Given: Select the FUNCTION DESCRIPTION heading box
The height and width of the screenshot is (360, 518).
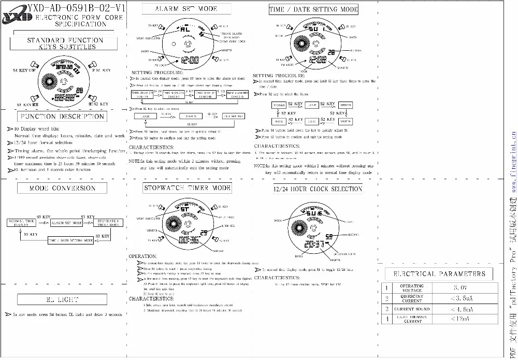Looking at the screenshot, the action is (63, 117).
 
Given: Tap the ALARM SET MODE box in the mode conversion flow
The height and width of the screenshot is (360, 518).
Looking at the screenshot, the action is (67, 223).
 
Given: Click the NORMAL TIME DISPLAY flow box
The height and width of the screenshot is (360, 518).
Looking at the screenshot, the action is (21, 223).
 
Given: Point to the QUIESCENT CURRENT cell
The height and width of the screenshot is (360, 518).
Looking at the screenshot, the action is (412, 299).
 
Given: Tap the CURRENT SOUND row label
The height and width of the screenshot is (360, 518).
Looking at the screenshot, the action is (412, 309).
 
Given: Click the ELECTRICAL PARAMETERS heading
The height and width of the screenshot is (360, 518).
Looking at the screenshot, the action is (439, 273).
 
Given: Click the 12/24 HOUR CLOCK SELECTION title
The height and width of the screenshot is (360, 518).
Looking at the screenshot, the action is (318, 189).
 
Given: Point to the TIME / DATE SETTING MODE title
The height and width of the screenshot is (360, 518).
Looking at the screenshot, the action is (313, 9).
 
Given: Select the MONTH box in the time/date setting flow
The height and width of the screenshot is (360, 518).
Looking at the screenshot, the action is (346, 121).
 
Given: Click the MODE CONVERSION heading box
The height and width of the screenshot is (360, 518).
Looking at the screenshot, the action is (62, 188).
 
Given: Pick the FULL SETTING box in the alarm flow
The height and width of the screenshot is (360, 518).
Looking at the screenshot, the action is (233, 116).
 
